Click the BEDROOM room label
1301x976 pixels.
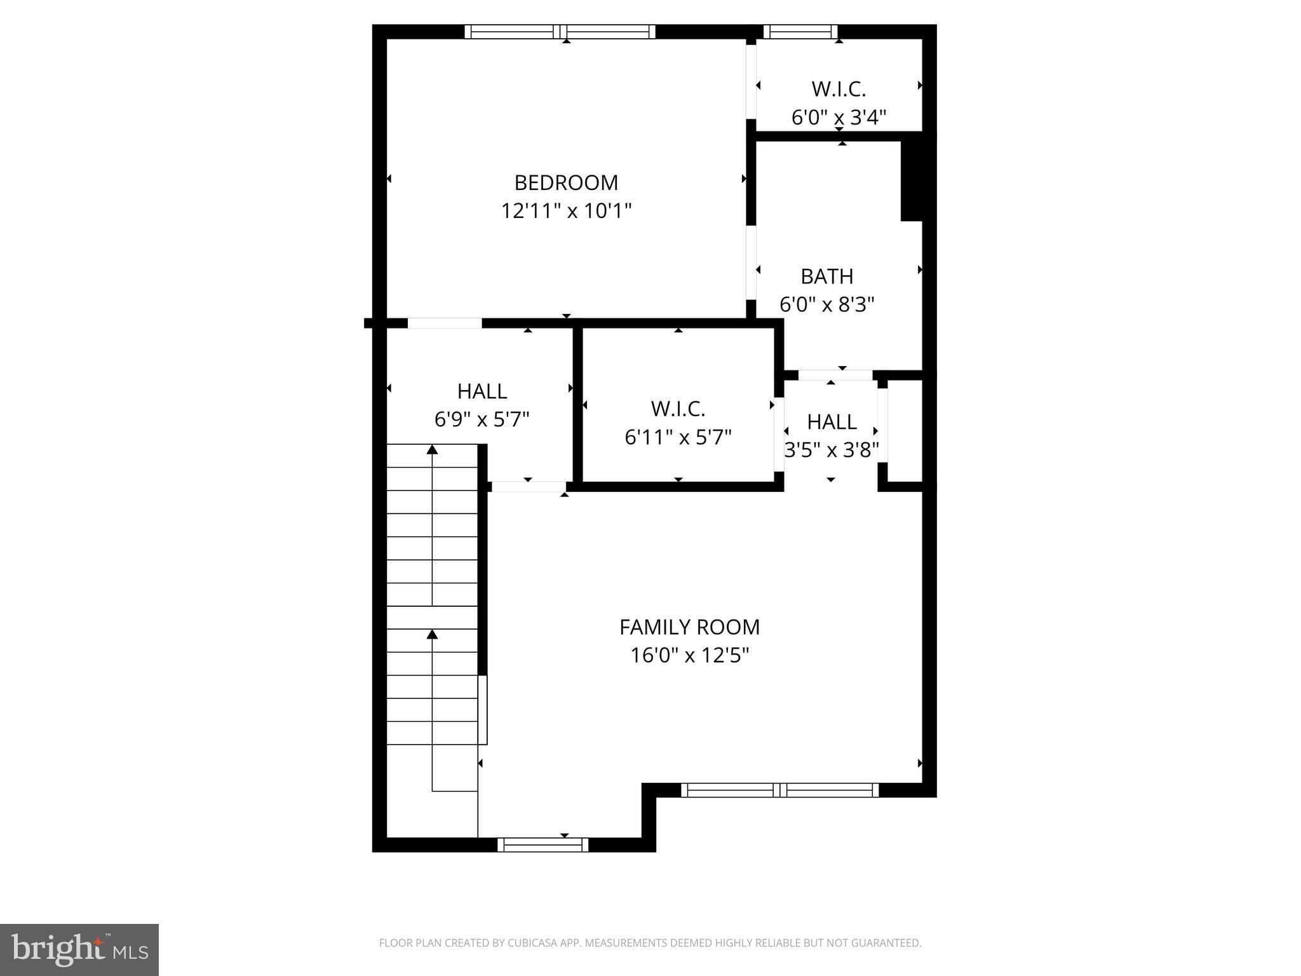565,183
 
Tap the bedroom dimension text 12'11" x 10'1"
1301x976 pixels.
565,211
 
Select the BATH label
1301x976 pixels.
826,277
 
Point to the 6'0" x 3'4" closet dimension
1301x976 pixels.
839,118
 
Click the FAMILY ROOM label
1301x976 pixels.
689,628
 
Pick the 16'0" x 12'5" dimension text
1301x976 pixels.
689,655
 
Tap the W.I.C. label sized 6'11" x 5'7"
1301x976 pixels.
678,409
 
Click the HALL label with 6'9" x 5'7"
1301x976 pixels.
482,391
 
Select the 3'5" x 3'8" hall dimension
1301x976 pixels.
831,451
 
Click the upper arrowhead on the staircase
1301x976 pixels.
433,450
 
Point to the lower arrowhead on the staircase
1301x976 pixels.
433,634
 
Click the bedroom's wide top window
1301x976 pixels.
560,32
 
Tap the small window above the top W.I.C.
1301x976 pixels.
800,32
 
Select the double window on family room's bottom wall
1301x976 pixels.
779,790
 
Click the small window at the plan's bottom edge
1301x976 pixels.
543,844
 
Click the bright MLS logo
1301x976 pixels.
79,950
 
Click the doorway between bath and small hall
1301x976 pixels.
835,375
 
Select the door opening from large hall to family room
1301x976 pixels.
529,487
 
